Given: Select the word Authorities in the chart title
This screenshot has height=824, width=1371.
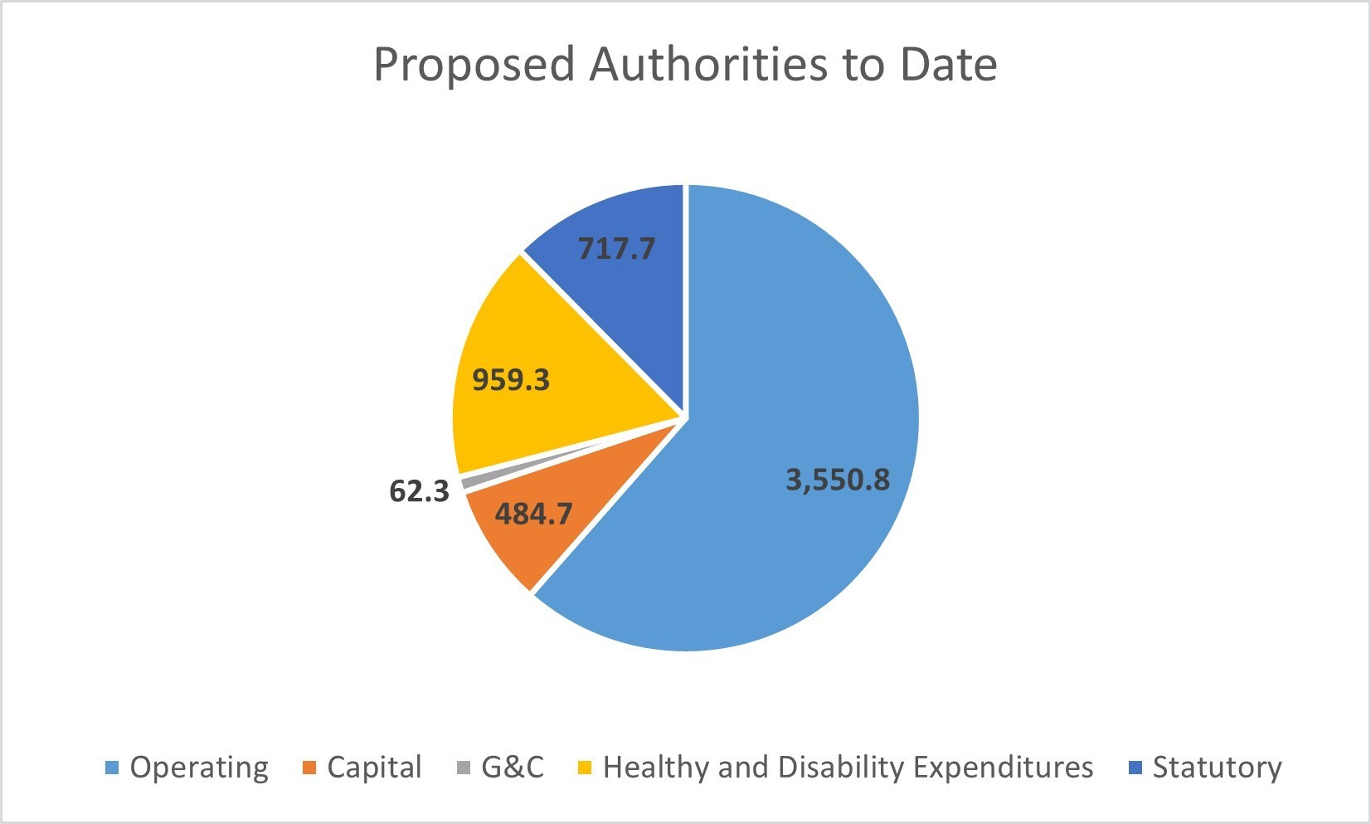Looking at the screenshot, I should (x=708, y=65).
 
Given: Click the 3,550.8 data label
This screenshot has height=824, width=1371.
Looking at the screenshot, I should (x=838, y=480).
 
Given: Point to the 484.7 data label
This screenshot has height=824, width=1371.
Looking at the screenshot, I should (x=533, y=514).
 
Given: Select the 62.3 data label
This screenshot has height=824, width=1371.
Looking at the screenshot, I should (x=419, y=491).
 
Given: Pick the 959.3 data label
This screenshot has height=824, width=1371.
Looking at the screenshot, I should (x=511, y=380).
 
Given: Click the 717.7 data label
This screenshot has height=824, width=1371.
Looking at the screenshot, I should (x=616, y=248).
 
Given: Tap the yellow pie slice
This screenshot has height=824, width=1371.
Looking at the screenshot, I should (x=531, y=349).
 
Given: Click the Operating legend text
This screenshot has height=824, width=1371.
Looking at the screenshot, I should (x=199, y=768).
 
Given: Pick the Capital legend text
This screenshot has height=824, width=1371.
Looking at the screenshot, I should (x=374, y=768).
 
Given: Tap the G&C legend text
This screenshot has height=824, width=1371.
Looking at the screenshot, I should (x=513, y=768).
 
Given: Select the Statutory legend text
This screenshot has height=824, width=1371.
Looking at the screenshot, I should (x=1217, y=768).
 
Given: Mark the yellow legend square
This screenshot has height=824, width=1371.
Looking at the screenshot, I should (x=585, y=768).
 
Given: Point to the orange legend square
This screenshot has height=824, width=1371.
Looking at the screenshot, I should (x=309, y=768).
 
